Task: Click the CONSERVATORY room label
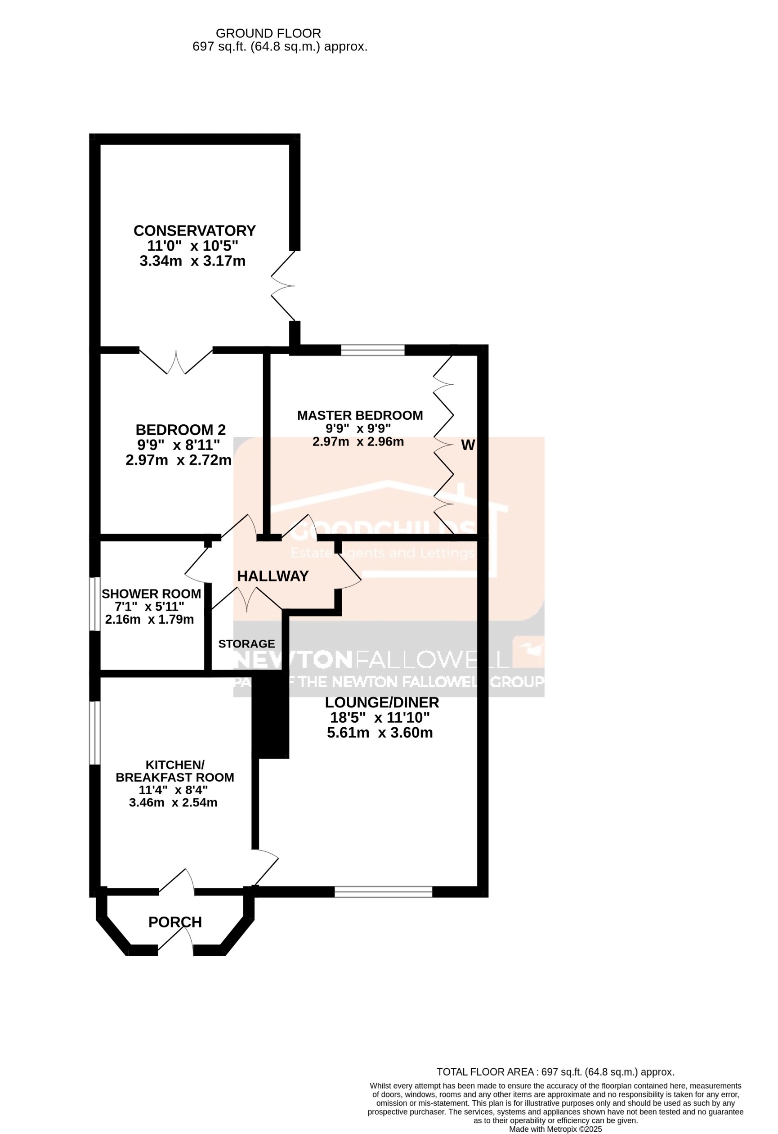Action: (194, 231)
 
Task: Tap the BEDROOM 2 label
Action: (180, 430)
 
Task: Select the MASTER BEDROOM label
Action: (359, 416)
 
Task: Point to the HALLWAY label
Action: (273, 576)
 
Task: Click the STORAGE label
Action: (246, 644)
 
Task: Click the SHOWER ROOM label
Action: (151, 594)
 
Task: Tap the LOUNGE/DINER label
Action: (381, 702)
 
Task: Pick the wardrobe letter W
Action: (468, 445)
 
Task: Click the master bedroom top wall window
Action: (373, 350)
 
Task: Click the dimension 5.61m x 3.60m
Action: (380, 733)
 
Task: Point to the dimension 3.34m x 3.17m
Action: (192, 261)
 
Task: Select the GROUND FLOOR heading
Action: (268, 34)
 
